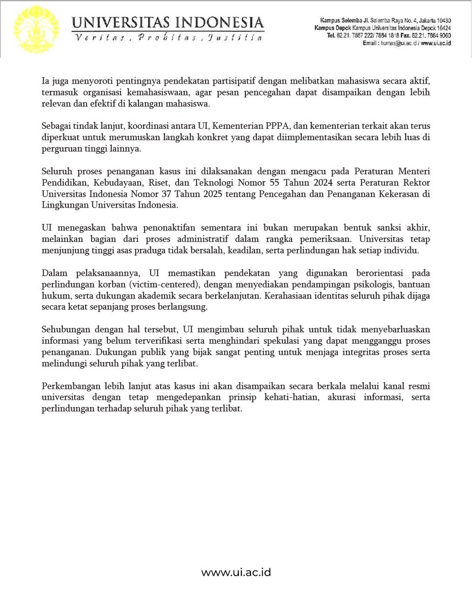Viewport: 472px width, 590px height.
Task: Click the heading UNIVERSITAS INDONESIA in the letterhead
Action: pos(168,23)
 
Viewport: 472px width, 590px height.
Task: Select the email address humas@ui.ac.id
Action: pos(397,43)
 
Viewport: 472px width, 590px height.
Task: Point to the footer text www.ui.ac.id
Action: pos(236,572)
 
